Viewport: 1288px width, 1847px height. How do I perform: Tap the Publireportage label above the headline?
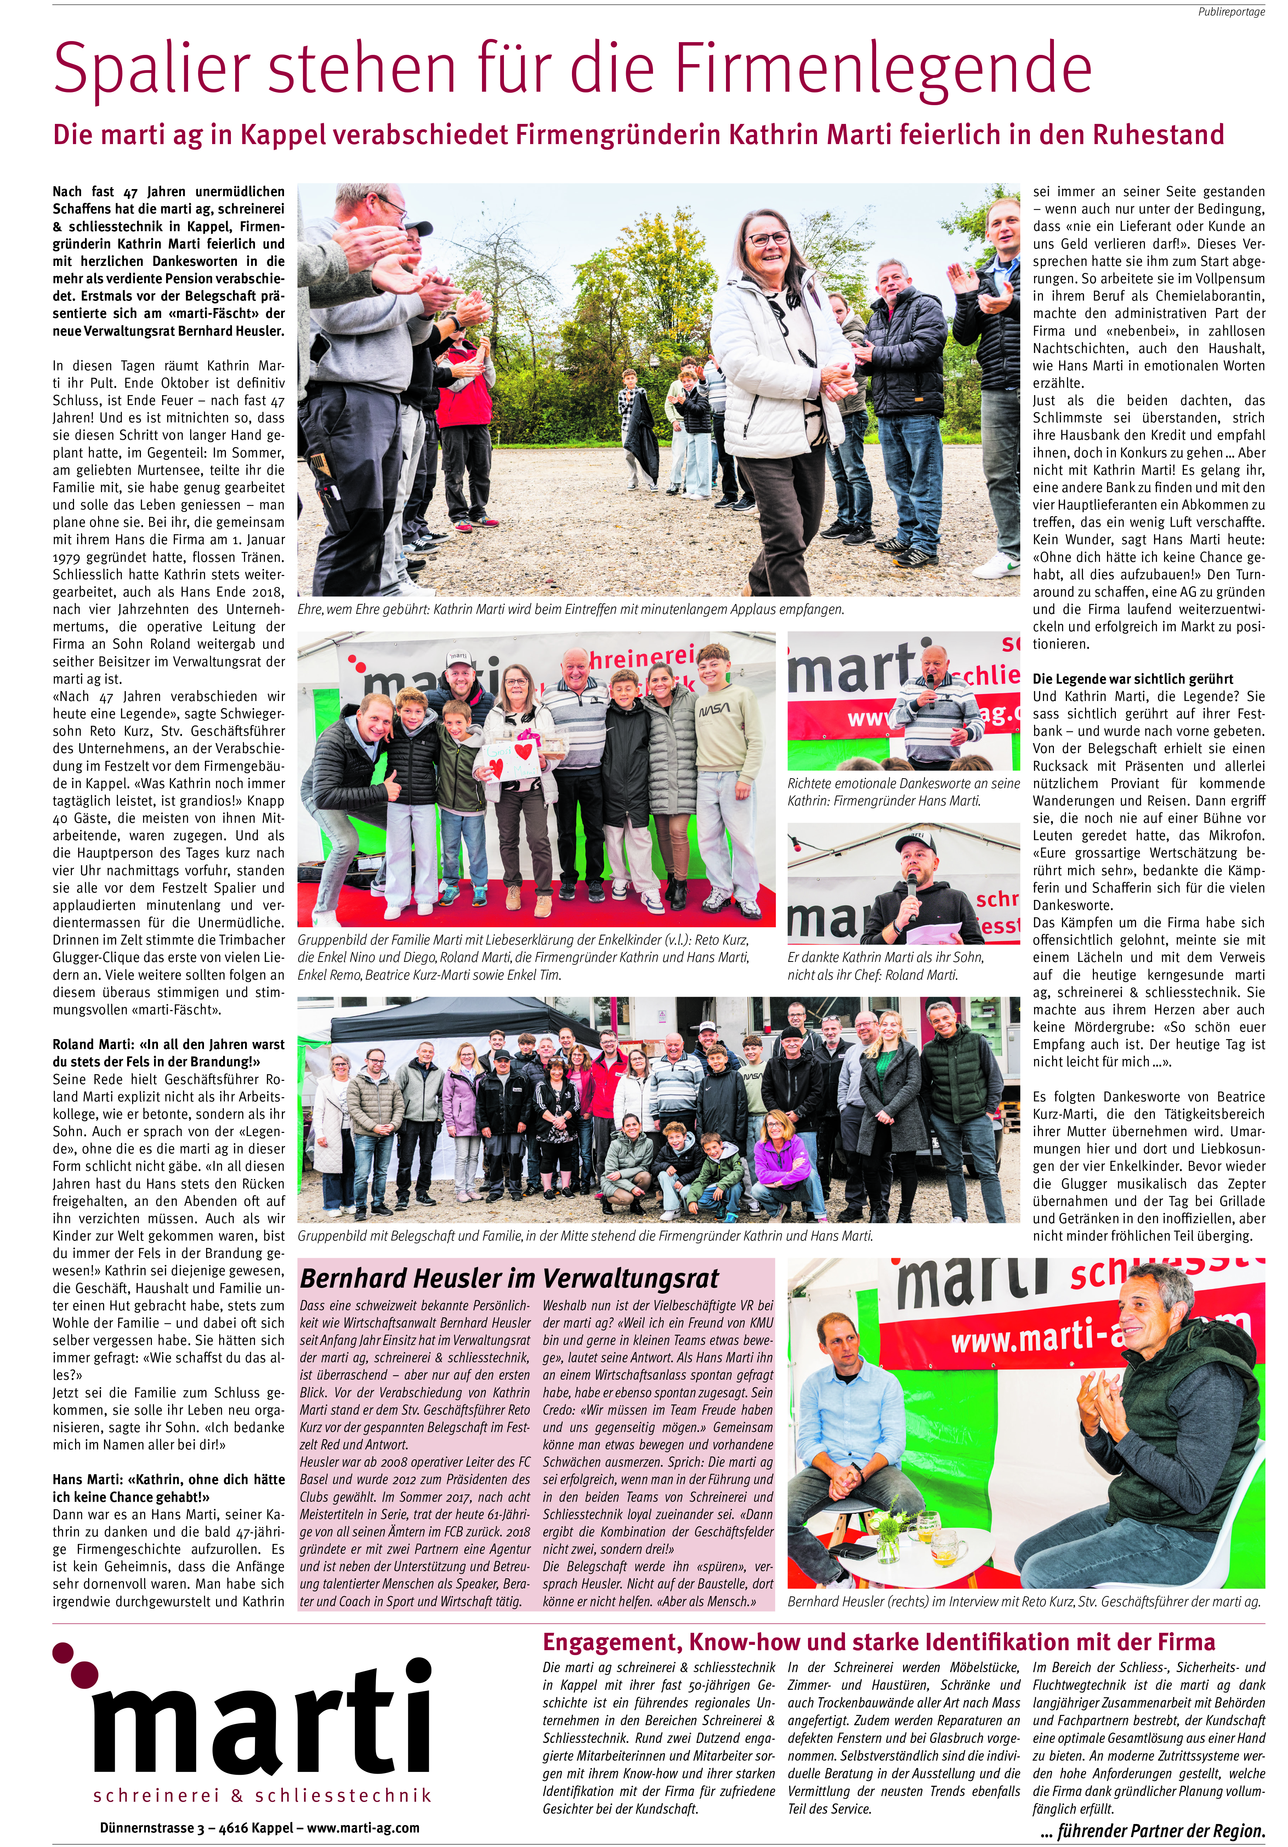click(x=1231, y=12)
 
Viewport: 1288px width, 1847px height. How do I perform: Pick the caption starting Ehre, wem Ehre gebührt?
click(x=571, y=609)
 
